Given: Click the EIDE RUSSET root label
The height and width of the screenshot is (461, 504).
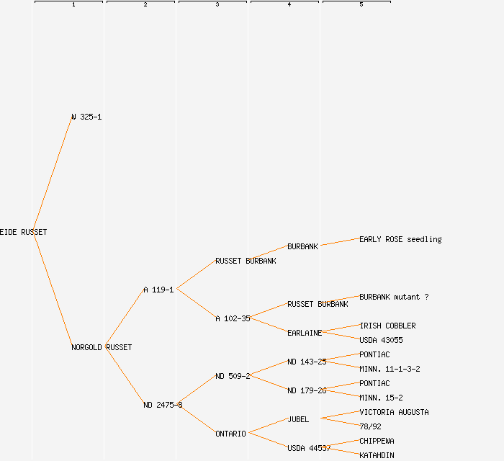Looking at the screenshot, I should click(24, 232).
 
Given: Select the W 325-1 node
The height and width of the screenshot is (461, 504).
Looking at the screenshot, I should click(86, 117).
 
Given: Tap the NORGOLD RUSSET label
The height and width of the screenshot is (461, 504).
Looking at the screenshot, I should click(102, 347).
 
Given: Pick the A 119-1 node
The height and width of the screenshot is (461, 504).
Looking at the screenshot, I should click(158, 290).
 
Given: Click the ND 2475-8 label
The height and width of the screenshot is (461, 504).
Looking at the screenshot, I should click(163, 405).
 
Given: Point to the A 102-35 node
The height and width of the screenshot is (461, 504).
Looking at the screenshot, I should click(233, 318).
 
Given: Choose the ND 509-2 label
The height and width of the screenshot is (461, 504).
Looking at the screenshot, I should click(233, 376).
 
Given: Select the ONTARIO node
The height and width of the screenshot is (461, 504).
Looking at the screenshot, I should click(230, 434).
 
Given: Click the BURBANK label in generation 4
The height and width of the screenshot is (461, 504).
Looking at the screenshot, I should click(302, 246).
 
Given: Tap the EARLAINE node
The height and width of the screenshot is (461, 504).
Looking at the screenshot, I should click(305, 333).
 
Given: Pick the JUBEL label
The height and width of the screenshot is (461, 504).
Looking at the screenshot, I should click(298, 419).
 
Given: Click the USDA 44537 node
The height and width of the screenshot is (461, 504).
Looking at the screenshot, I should click(309, 448).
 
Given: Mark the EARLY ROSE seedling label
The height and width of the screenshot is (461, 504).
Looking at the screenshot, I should click(400, 239).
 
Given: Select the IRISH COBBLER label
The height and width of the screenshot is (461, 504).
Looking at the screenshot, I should click(387, 326).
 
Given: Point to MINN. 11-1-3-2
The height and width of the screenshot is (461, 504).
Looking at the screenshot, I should click(390, 369).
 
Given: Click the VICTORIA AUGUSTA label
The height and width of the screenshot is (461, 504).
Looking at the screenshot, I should click(394, 412).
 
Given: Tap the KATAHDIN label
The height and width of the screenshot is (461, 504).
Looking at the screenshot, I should click(377, 455).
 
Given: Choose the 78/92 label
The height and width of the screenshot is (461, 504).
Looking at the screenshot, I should click(370, 426).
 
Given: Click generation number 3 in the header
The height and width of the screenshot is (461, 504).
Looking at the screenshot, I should click(217, 5).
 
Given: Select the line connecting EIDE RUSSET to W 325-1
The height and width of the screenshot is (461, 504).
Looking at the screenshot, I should click(52, 174).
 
